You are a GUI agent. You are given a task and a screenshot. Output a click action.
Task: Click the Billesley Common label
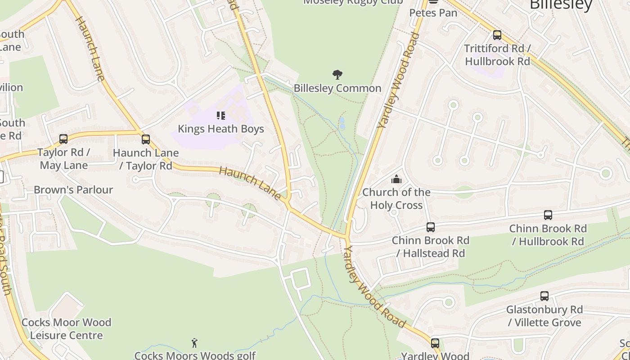pos(337,88)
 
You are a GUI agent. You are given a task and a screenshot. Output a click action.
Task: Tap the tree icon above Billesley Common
pos(337,75)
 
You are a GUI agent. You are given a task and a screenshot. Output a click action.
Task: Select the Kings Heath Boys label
pos(220,129)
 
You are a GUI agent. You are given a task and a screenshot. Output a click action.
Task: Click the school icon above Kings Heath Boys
pos(220,116)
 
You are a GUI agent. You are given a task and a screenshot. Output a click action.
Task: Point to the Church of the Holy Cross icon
pos(396,180)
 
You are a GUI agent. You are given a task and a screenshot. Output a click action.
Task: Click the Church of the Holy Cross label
pos(396,199)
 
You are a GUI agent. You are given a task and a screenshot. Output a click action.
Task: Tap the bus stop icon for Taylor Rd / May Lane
pos(63,139)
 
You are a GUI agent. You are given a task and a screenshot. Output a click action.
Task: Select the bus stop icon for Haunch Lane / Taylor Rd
pos(145,139)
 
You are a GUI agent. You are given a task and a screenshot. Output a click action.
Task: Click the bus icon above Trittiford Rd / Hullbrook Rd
pos(497,35)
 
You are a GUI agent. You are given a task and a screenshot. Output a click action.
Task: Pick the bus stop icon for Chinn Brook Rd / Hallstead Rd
pos(431,227)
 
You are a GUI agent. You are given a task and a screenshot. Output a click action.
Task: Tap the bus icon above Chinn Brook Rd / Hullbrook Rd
pos(548,215)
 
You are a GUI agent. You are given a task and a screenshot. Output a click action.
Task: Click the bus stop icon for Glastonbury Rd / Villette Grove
pos(544,296)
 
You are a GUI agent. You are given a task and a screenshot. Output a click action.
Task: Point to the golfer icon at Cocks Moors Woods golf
pos(194,343)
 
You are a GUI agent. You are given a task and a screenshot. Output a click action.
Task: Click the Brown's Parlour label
pos(73,190)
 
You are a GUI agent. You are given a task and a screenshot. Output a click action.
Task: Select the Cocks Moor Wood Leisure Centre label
pos(67,329)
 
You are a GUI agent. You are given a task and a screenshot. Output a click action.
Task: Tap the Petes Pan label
pos(433,13)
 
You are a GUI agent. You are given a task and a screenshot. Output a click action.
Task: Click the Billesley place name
pos(561,4)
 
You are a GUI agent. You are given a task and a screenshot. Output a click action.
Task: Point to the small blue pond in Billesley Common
pos(342,124)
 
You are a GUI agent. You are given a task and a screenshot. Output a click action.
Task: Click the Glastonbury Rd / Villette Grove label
pos(544,316)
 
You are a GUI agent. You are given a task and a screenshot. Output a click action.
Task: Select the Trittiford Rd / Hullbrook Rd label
pos(498,55)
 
